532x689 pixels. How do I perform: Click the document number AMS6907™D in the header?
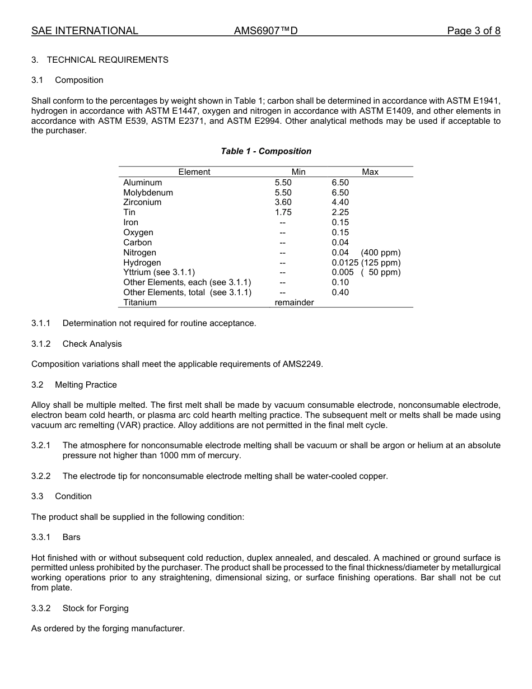[x=265, y=31]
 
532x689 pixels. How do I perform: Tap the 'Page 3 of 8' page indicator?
[x=473, y=31]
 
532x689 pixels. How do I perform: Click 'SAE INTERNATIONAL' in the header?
[x=85, y=31]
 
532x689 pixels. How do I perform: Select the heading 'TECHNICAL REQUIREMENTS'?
[x=108, y=60]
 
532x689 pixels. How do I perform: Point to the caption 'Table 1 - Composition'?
[x=266, y=151]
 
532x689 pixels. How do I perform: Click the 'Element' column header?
[x=194, y=172]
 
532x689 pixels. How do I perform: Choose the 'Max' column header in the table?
[x=370, y=172]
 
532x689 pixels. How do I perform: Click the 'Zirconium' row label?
[x=142, y=202]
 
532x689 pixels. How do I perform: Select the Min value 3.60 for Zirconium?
[x=283, y=202]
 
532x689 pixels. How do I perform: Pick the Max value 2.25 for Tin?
[x=340, y=212]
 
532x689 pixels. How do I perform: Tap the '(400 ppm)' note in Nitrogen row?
[x=381, y=253]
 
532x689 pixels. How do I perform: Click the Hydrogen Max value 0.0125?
[x=345, y=263]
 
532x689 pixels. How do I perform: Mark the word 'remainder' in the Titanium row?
[x=294, y=302]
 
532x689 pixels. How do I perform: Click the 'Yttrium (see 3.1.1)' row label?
[x=159, y=272]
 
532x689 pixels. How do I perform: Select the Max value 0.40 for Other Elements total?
[x=340, y=292]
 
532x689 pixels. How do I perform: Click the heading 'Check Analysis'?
[x=92, y=344]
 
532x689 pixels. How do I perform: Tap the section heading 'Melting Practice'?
[x=86, y=385]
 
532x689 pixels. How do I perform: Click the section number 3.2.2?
[x=41, y=476]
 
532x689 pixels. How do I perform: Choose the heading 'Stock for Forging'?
[x=96, y=608]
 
